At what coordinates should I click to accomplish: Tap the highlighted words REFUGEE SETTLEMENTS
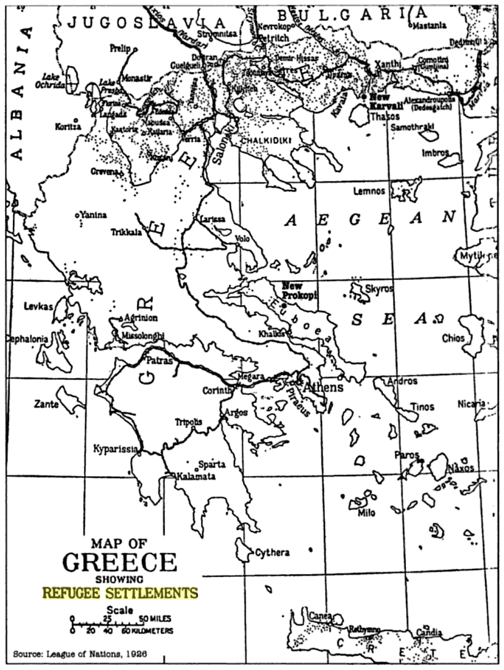(x=120, y=593)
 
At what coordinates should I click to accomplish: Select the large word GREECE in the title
(x=120, y=562)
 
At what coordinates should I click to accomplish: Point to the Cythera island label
(x=272, y=553)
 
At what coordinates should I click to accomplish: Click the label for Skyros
(x=379, y=288)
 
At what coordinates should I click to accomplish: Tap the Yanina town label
(x=93, y=215)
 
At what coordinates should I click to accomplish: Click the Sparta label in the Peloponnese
(x=212, y=464)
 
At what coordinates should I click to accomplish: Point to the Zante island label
(x=47, y=405)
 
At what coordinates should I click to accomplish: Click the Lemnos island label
(x=369, y=191)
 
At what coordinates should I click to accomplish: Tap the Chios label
(x=453, y=338)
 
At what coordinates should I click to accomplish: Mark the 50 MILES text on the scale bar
(x=154, y=619)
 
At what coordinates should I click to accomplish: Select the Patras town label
(x=159, y=358)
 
